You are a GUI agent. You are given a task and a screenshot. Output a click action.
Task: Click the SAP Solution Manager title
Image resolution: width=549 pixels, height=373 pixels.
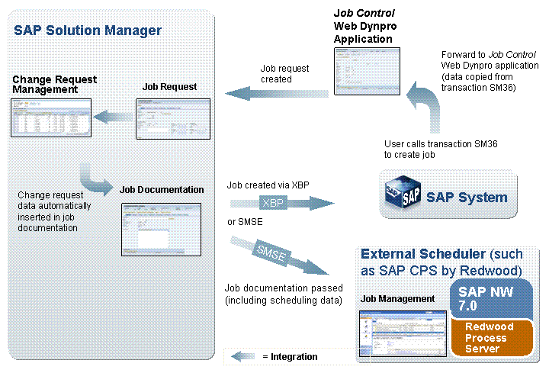click(x=88, y=31)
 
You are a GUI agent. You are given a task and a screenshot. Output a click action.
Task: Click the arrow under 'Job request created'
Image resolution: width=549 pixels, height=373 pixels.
click(x=276, y=93)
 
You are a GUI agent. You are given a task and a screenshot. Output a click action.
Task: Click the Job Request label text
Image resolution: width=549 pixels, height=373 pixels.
click(x=169, y=86)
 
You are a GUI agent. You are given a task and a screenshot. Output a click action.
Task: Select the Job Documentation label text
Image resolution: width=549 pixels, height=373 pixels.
click(x=162, y=189)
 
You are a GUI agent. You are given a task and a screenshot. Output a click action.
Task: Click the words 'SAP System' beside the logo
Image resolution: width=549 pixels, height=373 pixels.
click(x=467, y=198)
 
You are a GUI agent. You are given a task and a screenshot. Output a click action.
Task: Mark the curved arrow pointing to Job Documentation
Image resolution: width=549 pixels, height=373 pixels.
click(x=97, y=181)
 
